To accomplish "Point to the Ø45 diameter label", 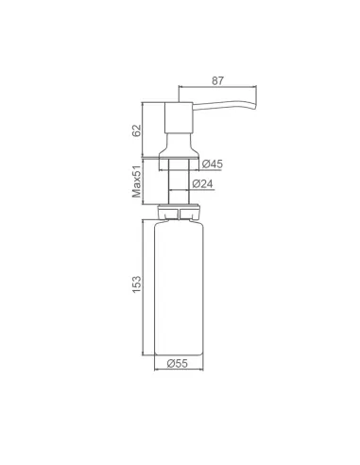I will (x=214, y=163).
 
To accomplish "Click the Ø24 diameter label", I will (x=214, y=183).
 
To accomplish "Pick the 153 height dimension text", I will (x=135, y=284).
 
